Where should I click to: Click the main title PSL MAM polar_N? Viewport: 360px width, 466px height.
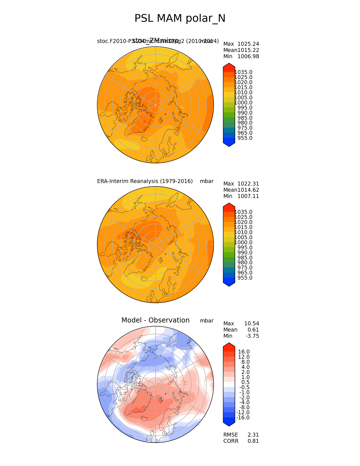(x=180, y=19)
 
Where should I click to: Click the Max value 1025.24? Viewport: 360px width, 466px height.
(x=248, y=44)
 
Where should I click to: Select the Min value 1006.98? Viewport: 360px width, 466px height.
(x=248, y=56)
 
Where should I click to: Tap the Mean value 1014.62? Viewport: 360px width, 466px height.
(x=248, y=190)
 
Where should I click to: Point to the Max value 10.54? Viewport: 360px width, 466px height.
(x=252, y=324)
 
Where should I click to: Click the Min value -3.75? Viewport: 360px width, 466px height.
(x=252, y=336)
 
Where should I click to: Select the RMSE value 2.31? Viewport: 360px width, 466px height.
(x=253, y=435)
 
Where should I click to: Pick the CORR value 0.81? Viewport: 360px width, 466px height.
(x=253, y=441)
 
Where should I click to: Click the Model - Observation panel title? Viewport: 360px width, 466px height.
(x=155, y=320)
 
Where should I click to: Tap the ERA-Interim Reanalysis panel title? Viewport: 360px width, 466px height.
(x=145, y=181)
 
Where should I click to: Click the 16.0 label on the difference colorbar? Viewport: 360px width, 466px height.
(x=244, y=352)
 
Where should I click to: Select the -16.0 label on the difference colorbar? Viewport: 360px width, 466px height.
(x=243, y=418)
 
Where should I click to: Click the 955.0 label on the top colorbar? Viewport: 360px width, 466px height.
(x=245, y=138)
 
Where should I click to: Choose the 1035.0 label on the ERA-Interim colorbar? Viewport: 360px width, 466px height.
(x=243, y=212)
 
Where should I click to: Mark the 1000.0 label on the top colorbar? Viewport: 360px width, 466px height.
(x=243, y=103)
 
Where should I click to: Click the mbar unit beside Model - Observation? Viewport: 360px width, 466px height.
(x=207, y=321)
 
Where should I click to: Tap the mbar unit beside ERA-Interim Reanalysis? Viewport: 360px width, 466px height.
(x=207, y=181)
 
